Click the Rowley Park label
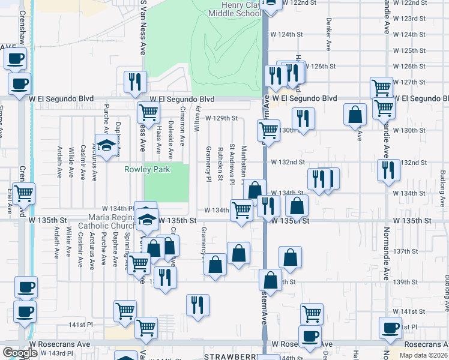(147, 169)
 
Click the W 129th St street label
(221, 118)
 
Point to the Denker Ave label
(328, 37)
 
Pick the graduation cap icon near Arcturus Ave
(106, 146)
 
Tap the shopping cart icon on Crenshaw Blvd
(24, 194)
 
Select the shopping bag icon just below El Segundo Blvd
(355, 113)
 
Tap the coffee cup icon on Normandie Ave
(391, 327)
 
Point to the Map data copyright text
(424, 355)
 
